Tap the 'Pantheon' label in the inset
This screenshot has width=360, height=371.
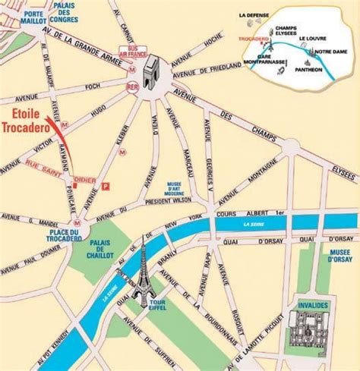coord(327,70)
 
